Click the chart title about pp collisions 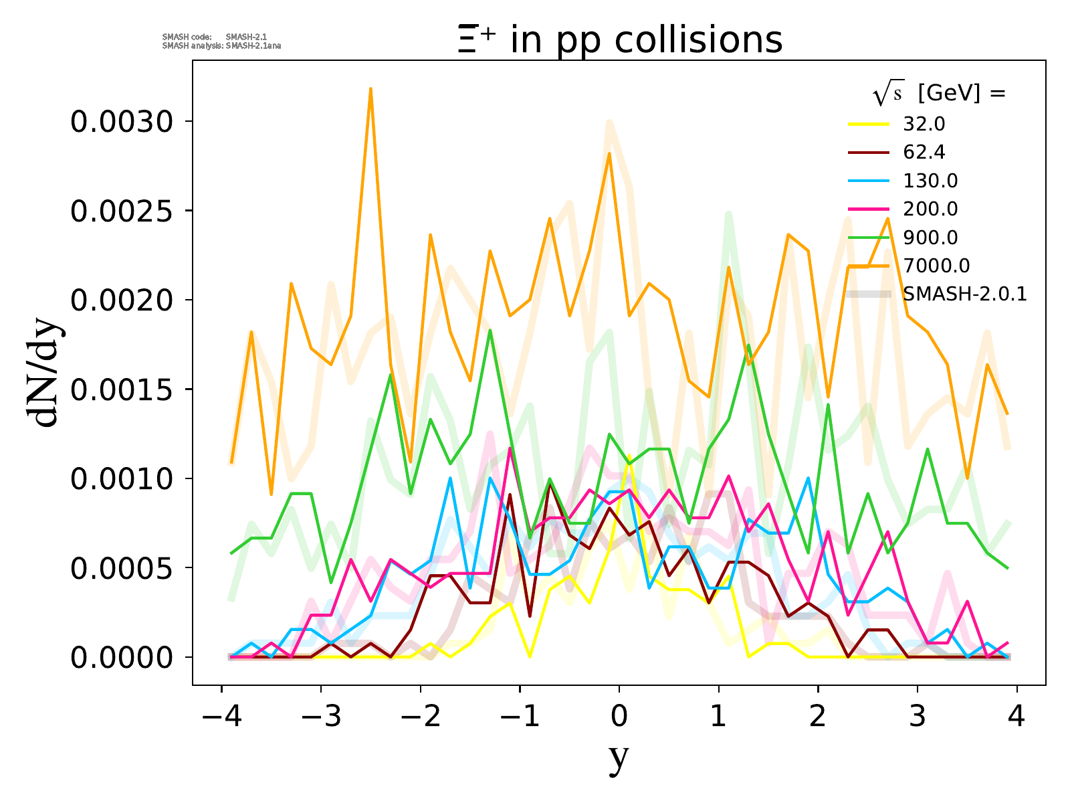pyautogui.click(x=619, y=39)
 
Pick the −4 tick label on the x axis pyautogui.click(x=221, y=717)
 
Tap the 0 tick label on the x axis pyautogui.click(x=619, y=717)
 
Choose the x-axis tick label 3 pyautogui.click(x=918, y=717)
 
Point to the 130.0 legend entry pyautogui.click(x=930, y=181)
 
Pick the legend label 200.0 pyautogui.click(x=930, y=209)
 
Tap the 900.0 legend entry pyautogui.click(x=930, y=238)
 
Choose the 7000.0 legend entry pyautogui.click(x=936, y=266)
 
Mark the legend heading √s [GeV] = pyautogui.click(x=939, y=94)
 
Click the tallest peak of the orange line pyautogui.click(x=370, y=89)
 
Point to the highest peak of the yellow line pyautogui.click(x=629, y=456)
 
